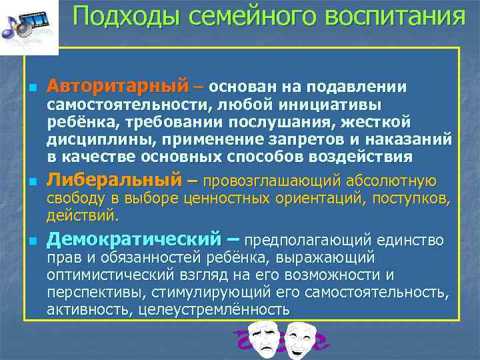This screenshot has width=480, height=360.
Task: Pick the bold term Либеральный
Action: [114, 180]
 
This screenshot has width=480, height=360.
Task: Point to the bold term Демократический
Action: [134, 239]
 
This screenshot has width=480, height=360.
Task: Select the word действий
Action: [83, 215]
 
